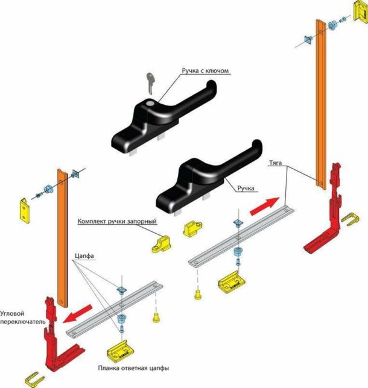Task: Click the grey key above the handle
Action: pos(150,83)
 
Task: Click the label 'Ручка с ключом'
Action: pos(205,70)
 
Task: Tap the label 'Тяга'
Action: pos(275,163)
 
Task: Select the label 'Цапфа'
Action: pos(84,255)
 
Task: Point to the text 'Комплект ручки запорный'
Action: pos(117,221)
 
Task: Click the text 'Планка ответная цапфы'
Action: pos(133,368)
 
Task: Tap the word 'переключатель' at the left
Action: pos(23,322)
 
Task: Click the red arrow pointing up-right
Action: pos(265,206)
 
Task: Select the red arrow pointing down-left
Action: pos(77,314)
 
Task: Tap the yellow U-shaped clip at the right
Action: pos(350,219)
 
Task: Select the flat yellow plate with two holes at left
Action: pos(25,211)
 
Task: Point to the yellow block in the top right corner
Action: pos(360,11)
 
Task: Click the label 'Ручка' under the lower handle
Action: pos(246,189)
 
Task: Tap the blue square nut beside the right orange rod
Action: pos(308,40)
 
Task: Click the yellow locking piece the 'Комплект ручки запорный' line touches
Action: pos(161,244)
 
